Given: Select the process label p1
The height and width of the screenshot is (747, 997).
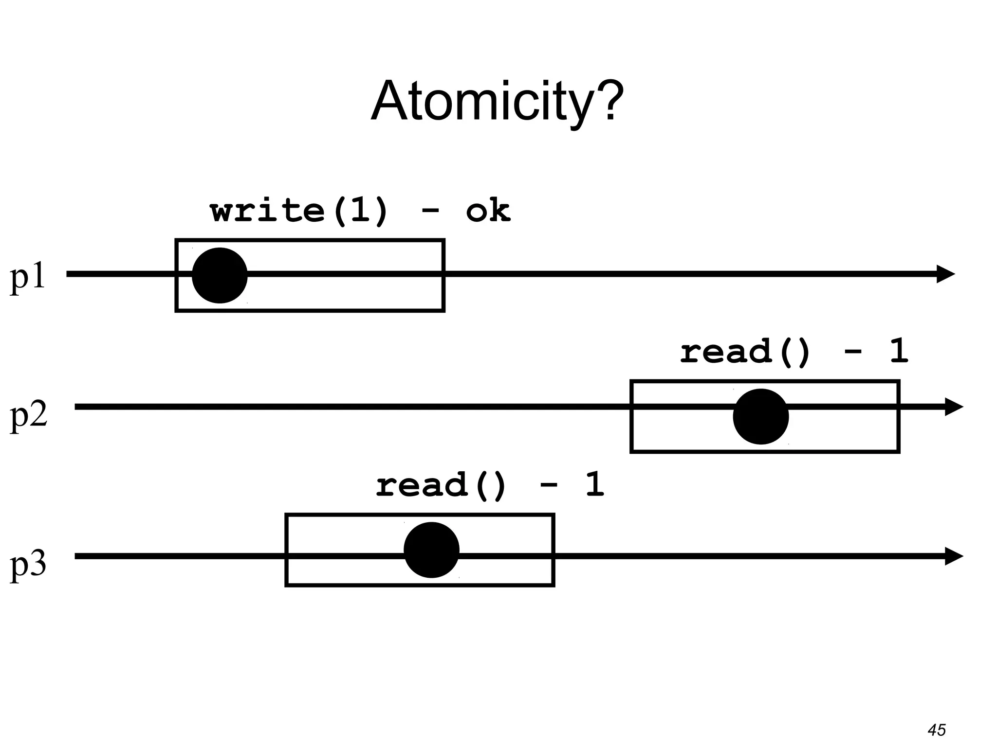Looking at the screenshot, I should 28,277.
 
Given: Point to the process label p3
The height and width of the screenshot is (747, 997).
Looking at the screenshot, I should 28,564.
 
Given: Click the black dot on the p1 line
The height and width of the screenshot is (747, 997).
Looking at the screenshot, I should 220,275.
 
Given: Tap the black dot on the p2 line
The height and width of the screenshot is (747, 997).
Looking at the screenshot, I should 760,416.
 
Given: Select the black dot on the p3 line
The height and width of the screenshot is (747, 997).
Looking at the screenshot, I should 431,550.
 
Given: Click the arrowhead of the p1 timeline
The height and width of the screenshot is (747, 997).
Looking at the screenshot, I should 946,274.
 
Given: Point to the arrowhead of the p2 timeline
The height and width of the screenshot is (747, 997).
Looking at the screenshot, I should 954,407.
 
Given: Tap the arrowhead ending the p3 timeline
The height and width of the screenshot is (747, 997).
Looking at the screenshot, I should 954,556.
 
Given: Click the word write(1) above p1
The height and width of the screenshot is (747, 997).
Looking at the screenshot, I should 299,211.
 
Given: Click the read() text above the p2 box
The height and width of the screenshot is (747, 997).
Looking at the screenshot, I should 745,351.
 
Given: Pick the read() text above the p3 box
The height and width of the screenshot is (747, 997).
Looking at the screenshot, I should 441,485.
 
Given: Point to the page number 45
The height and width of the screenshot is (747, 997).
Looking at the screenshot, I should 937,729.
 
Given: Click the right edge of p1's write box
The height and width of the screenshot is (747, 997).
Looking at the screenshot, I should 443,275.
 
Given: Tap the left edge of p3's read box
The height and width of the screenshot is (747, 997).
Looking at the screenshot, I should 286,550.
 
